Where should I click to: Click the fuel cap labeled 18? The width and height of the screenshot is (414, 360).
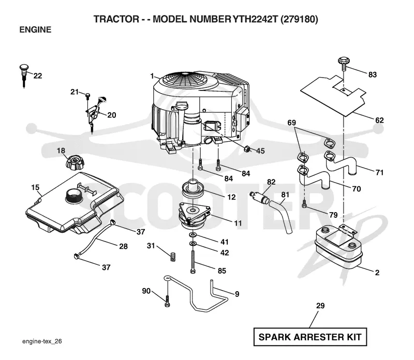pyautogui.click(x=75, y=163)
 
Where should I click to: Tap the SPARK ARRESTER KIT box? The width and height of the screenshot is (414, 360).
pyautogui.click(x=310, y=337)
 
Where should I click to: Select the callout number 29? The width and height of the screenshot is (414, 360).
pyautogui.click(x=320, y=306)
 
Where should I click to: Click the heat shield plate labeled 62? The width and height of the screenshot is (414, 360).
pyautogui.click(x=333, y=95)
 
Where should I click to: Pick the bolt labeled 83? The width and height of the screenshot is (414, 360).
pyautogui.click(x=343, y=63)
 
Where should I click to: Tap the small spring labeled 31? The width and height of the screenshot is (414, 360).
pyautogui.click(x=173, y=257)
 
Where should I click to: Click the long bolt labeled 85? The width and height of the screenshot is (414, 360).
pyautogui.click(x=193, y=263)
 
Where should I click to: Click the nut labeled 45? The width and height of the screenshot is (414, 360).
pyautogui.click(x=247, y=149)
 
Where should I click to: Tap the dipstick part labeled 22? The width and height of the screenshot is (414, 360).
pyautogui.click(x=24, y=75)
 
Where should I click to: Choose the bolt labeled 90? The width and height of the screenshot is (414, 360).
pyautogui.click(x=167, y=301)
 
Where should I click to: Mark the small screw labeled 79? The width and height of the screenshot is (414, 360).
pyautogui.click(x=304, y=203)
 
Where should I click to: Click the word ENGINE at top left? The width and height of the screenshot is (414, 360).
pyautogui.click(x=35, y=29)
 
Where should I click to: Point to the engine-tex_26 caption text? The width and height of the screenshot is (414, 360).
pyautogui.click(x=42, y=341)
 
